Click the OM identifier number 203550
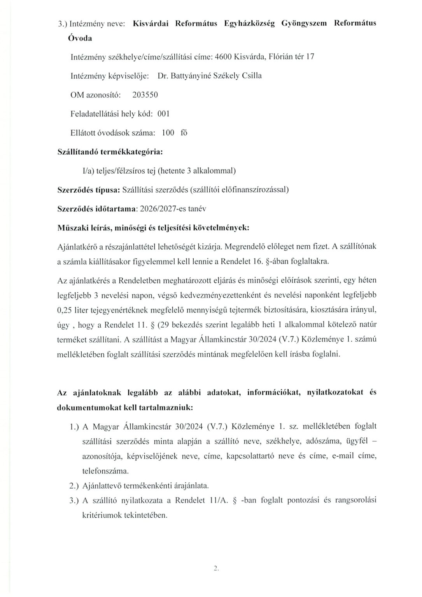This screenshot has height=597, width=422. [145, 94]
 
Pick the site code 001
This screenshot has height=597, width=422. [163, 113]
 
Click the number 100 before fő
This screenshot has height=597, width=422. [168, 133]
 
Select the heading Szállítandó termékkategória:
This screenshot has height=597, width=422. [110, 152]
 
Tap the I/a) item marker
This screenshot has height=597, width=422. [84, 171]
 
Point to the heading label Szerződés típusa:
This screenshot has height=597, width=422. [89, 190]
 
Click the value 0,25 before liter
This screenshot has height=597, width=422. [66, 310]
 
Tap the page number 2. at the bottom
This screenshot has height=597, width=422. [217, 569]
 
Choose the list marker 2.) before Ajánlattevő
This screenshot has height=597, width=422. [74, 485]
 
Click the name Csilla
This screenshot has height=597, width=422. [252, 76]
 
